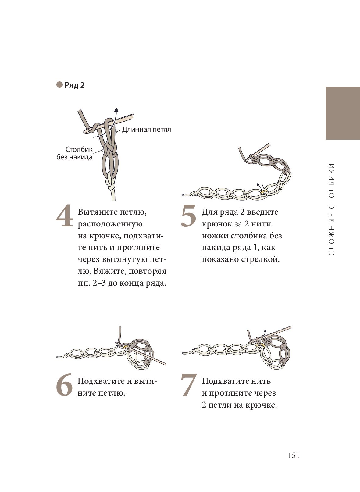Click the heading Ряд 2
(x=74, y=85)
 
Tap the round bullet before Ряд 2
(x=59, y=84)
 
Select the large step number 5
(x=188, y=216)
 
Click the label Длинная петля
(x=147, y=129)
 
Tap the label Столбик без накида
(x=75, y=153)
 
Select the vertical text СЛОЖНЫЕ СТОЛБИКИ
(x=332, y=209)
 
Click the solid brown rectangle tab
(x=343, y=113)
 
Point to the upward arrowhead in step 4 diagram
(x=116, y=109)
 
